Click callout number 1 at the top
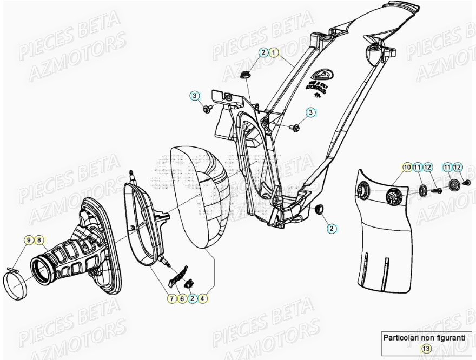coord(274,52)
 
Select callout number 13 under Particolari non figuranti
coord(426,349)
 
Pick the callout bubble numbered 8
coord(39,239)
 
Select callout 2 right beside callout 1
coord(263,52)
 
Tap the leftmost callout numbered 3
coord(194,96)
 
